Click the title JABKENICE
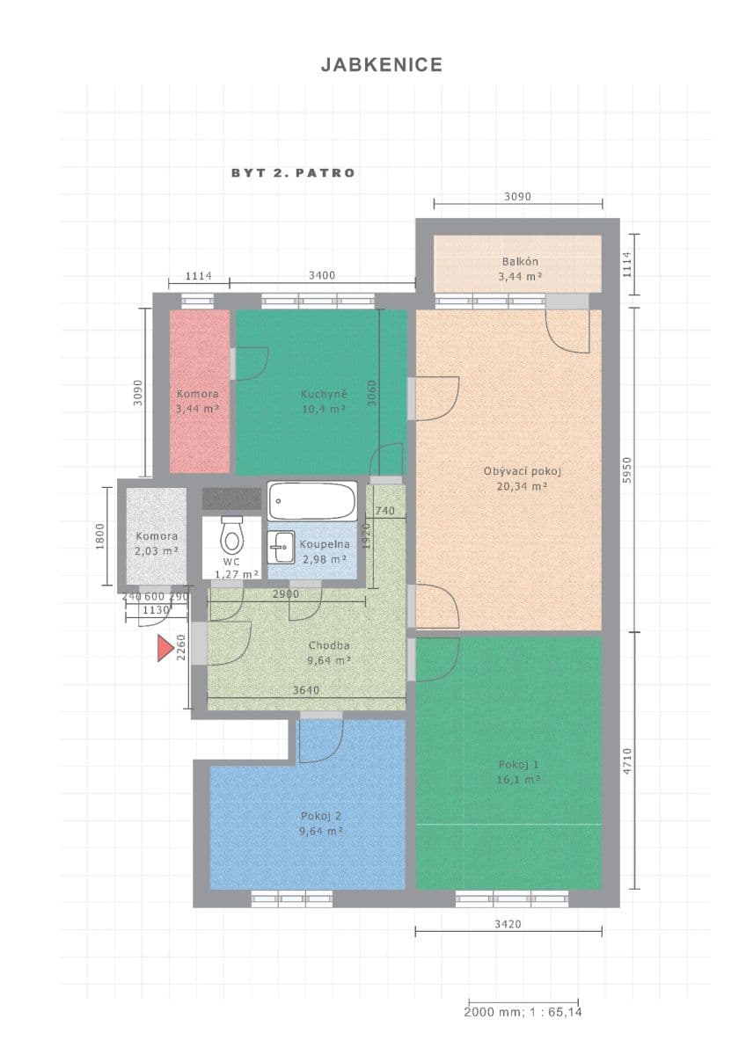[381, 65]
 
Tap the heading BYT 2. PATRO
[293, 173]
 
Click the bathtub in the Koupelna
[311, 501]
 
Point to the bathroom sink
[281, 547]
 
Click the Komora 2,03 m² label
[157, 543]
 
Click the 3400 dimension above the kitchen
[322, 276]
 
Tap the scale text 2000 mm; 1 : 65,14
[523, 1012]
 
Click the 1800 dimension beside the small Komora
[100, 535]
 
